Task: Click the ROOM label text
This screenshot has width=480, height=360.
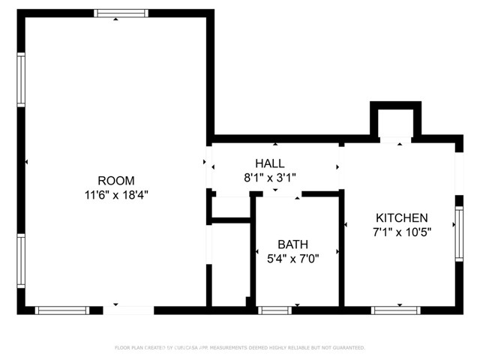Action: [x=116, y=180]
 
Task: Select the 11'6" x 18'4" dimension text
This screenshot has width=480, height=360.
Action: [x=116, y=194]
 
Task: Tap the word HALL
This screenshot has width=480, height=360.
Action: [x=270, y=163]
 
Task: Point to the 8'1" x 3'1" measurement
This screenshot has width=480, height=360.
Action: [x=270, y=178]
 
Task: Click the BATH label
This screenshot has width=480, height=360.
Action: [x=292, y=244]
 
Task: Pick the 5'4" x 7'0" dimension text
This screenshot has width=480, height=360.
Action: [x=292, y=259]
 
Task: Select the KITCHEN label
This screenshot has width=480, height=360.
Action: [x=402, y=217]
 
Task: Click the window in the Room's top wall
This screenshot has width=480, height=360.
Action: [x=115, y=13]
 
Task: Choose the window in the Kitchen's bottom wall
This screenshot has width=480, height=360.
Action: [x=395, y=309]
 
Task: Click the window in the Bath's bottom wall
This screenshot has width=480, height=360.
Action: [x=275, y=309]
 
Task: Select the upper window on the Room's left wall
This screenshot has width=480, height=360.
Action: [x=22, y=79]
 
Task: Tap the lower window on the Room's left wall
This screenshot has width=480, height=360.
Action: [x=22, y=262]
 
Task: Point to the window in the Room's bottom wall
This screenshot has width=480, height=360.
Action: [x=63, y=309]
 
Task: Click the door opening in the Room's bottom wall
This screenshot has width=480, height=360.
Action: [x=127, y=309]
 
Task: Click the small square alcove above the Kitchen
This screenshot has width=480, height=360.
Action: [x=396, y=122]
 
